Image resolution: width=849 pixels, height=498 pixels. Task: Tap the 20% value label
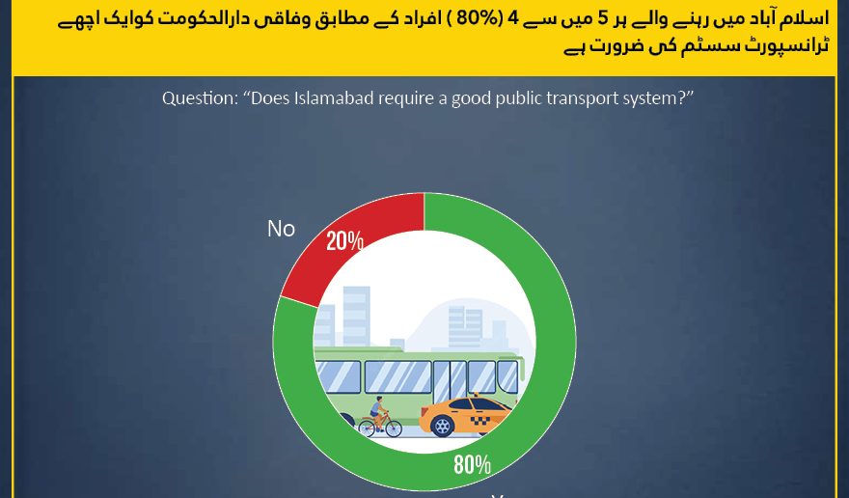[x=345, y=241]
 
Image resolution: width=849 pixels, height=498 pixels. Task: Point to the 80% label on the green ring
[x=472, y=464]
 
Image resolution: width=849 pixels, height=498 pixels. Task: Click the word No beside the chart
[x=281, y=229]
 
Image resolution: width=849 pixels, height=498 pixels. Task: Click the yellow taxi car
[x=466, y=416]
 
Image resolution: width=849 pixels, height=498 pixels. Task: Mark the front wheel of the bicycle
[x=393, y=429]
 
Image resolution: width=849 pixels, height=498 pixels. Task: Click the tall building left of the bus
[x=356, y=316]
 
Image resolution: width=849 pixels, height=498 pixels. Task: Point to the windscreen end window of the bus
[x=507, y=376]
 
